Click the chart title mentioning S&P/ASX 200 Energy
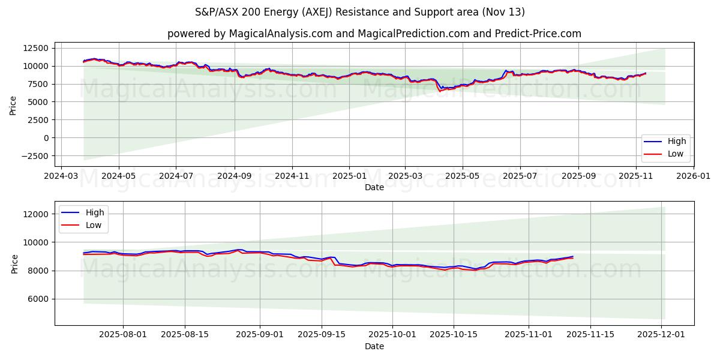[360, 12]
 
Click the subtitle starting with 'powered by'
[374, 34]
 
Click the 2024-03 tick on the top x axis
[60, 177]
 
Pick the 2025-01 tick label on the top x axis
[349, 177]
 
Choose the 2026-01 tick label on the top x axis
[693, 177]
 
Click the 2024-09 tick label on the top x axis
[234, 177]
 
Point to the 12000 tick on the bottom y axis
[36, 214]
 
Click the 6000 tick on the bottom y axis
[38, 299]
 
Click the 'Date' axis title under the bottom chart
[374, 347]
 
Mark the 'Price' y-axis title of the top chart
[13, 105]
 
